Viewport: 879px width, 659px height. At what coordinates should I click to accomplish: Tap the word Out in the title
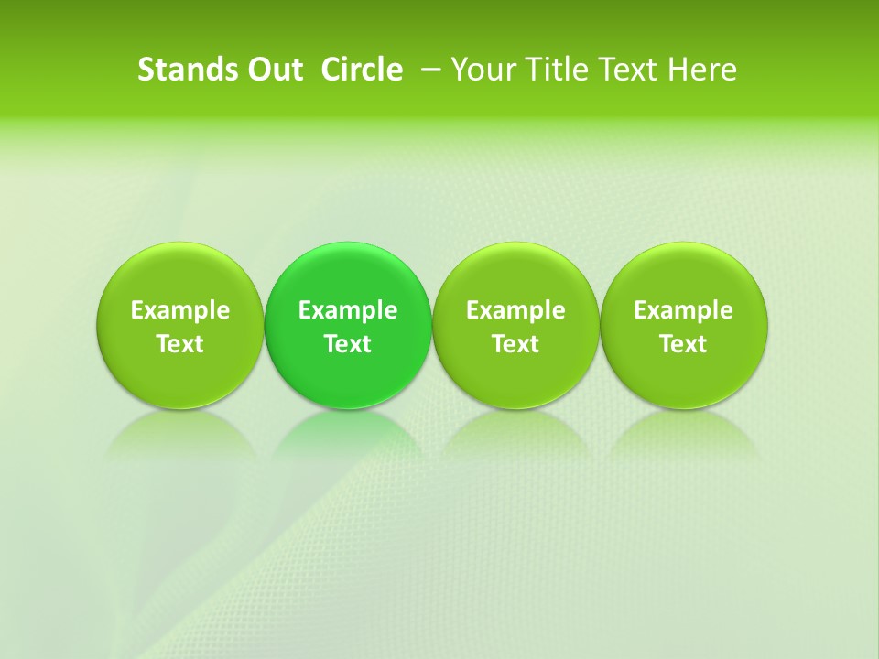(x=274, y=70)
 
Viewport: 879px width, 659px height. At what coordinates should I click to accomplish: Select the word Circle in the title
(x=362, y=70)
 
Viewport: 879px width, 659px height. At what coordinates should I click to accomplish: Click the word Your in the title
(x=482, y=70)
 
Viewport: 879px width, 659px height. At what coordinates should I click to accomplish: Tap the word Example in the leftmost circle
(x=180, y=310)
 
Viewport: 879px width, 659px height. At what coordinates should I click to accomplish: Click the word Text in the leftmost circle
(x=180, y=344)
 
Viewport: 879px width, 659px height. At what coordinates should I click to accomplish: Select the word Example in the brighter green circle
(x=348, y=310)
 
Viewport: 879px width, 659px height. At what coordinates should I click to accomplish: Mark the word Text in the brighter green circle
(x=348, y=344)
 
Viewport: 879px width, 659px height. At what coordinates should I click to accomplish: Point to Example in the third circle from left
(x=515, y=310)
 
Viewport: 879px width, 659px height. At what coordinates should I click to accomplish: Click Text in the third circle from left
(x=515, y=344)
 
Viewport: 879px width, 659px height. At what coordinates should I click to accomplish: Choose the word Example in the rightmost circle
(x=684, y=310)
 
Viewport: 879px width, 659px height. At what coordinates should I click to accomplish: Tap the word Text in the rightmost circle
(x=684, y=344)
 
